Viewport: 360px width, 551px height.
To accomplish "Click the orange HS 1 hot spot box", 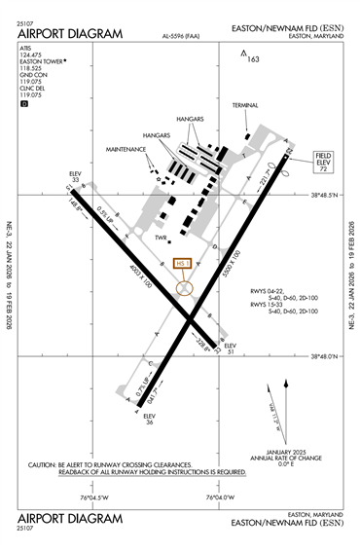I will (x=182, y=264).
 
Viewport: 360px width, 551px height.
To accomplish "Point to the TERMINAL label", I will (x=246, y=105).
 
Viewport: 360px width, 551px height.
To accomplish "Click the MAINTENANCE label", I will (x=126, y=151).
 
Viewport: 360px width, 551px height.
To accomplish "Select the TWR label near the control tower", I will (x=162, y=238).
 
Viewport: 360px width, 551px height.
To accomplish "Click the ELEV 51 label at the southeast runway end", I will (x=230, y=349).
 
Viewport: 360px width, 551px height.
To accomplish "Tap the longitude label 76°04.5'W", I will (x=95, y=498).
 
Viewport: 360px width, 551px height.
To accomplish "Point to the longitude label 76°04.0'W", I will (x=222, y=498).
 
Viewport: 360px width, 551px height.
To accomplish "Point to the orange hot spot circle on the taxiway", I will (x=185, y=289).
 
